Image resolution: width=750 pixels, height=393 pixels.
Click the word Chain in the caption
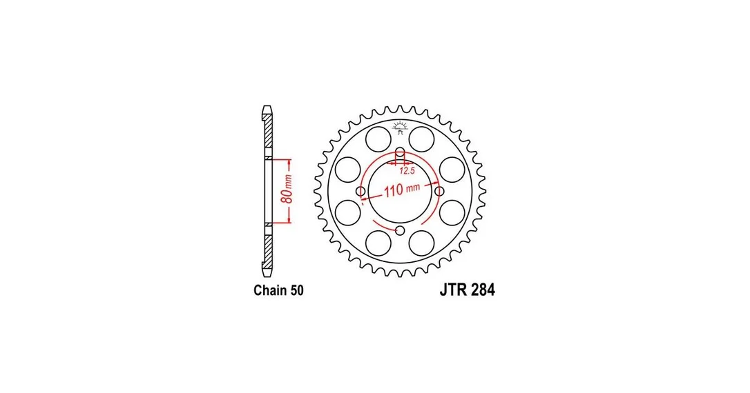point(269,290)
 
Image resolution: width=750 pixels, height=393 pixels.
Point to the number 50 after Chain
point(296,290)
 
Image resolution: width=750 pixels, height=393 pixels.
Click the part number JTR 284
point(468,290)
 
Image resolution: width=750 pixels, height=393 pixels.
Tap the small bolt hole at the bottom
point(401,231)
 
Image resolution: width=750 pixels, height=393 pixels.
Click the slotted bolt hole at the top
point(401,155)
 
